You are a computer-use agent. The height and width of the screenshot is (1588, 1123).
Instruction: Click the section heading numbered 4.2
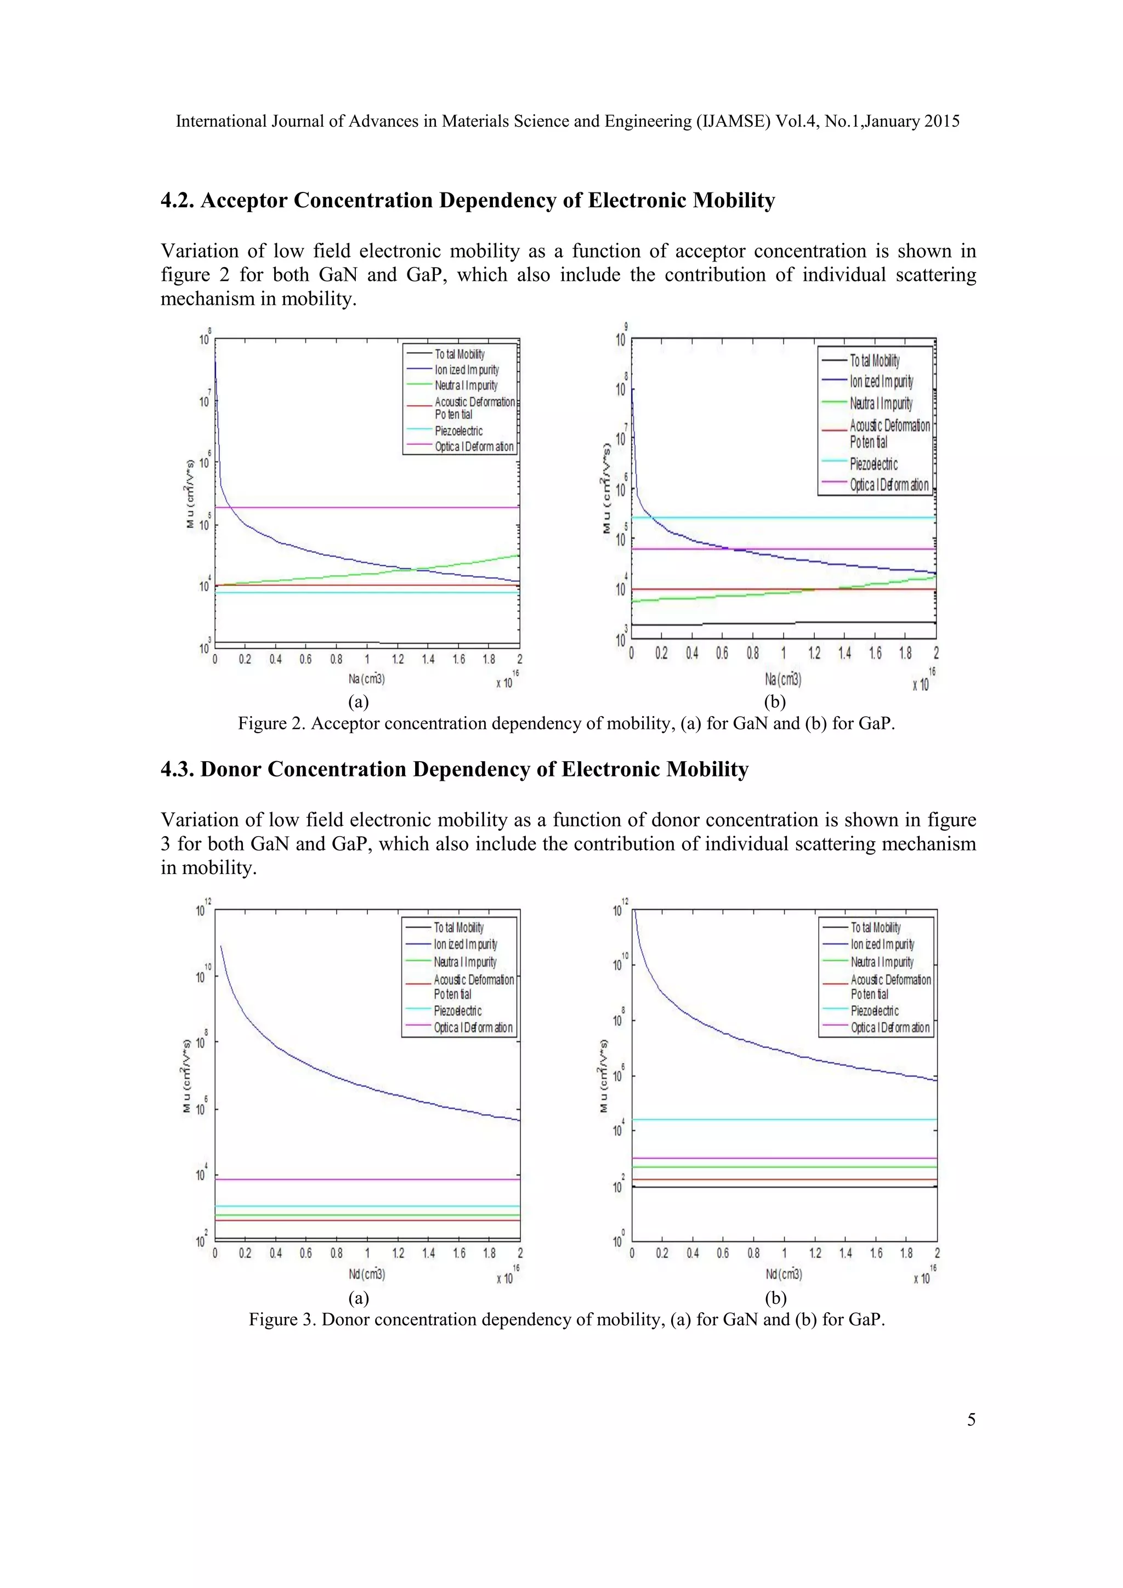pyautogui.click(x=467, y=201)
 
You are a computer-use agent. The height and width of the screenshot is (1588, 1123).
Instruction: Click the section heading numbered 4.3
pyautogui.click(x=455, y=770)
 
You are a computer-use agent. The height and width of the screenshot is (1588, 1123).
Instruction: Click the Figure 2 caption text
pyautogui.click(x=566, y=723)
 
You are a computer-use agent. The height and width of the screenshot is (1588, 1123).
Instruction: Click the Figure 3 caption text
pyautogui.click(x=566, y=1319)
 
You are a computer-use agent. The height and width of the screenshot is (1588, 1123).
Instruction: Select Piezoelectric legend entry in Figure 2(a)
pyautogui.click(x=458, y=431)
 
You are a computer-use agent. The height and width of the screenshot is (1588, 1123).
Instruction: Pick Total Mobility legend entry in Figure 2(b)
pyautogui.click(x=875, y=360)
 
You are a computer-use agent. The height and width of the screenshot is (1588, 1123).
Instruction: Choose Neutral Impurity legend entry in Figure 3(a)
pyautogui.click(x=464, y=961)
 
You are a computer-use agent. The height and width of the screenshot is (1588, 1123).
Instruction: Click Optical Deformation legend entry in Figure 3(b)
pyautogui.click(x=890, y=1028)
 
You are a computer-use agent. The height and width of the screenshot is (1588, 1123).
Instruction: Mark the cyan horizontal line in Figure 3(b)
pyautogui.click(x=781, y=1119)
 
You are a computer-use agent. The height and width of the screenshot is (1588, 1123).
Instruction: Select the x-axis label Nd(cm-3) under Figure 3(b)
pyautogui.click(x=784, y=1274)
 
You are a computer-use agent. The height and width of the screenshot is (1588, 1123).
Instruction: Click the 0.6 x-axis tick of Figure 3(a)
pyautogui.click(x=305, y=1254)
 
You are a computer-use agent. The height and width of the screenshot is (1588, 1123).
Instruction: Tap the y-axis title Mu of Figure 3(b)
pyautogui.click(x=604, y=1075)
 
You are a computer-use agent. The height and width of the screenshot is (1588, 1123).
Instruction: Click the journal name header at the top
pyautogui.click(x=567, y=122)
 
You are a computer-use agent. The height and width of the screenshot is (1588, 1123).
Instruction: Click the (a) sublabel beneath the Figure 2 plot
pyautogui.click(x=358, y=702)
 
